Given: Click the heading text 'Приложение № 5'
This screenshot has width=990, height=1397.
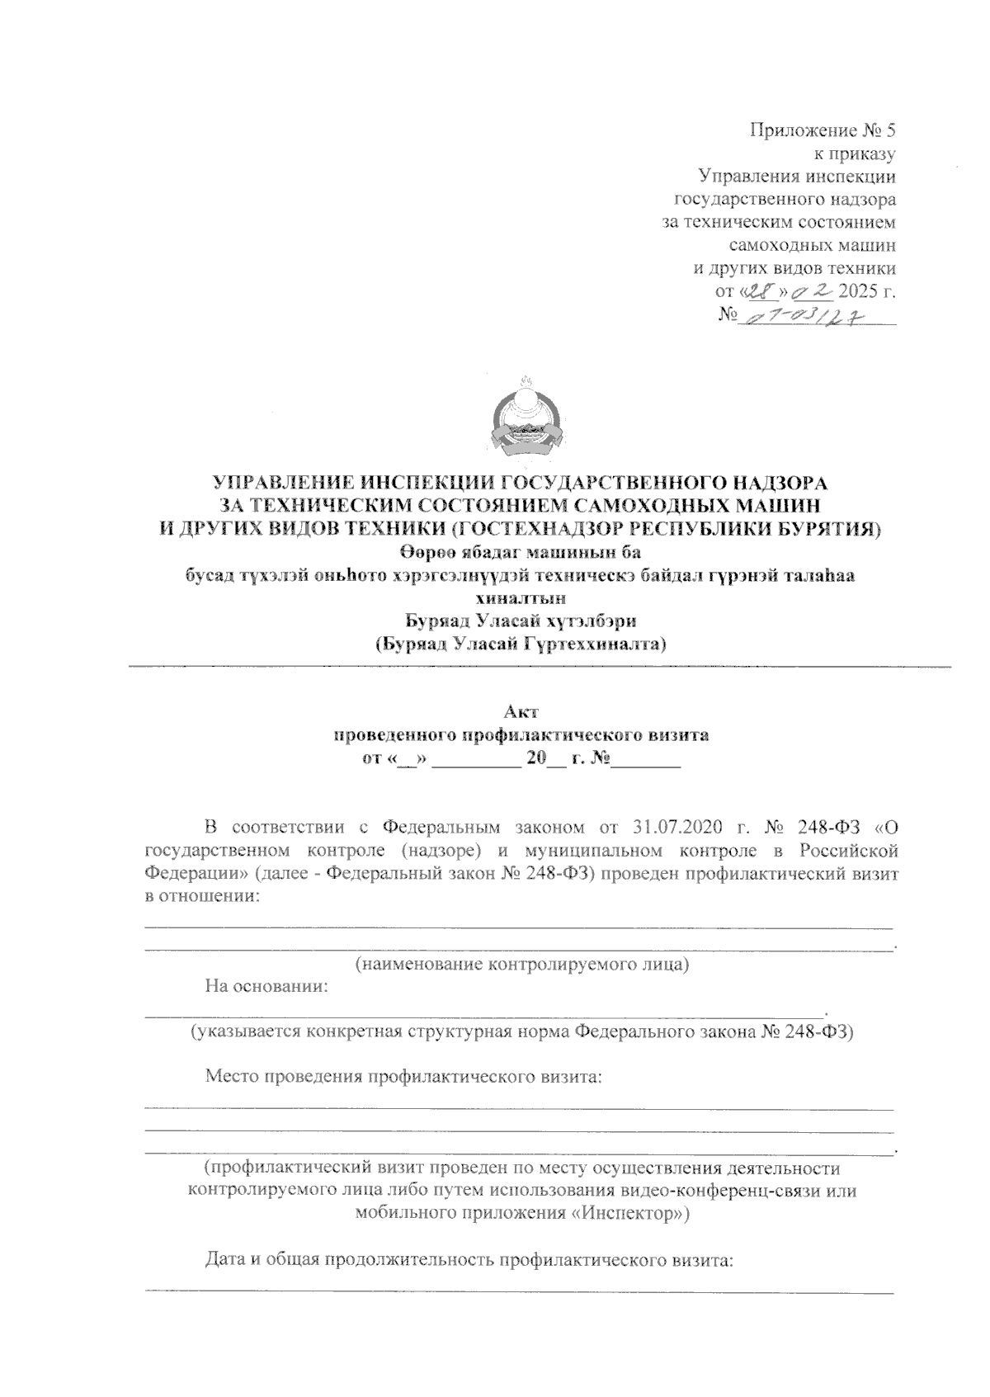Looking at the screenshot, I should pos(822,130).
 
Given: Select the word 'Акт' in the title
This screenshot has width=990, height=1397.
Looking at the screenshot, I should pos(521,710).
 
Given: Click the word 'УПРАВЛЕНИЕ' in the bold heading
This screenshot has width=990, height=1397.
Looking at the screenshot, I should pos(278,482).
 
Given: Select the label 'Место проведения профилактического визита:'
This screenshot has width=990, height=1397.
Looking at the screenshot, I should pos(403,1076).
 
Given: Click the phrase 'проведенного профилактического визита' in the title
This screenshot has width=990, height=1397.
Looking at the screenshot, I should pos(521,734).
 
